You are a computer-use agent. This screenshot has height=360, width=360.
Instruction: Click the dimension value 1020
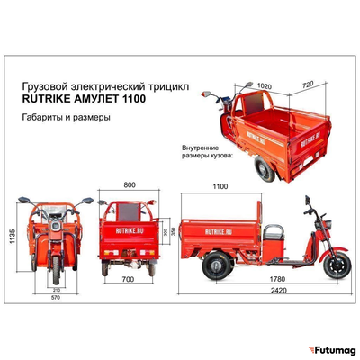(265, 88)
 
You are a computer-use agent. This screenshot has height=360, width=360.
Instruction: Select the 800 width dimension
(129, 184)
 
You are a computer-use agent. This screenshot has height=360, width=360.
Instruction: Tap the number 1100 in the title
(131, 100)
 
